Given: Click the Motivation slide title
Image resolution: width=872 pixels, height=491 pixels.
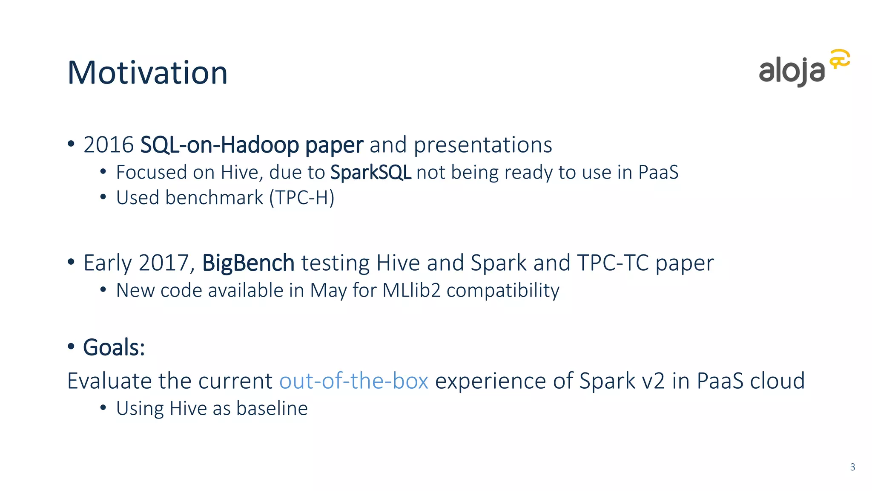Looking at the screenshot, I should [147, 72].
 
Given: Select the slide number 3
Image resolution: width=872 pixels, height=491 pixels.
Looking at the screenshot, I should [852, 467].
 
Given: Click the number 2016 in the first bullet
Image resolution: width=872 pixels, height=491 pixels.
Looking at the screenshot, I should [109, 144].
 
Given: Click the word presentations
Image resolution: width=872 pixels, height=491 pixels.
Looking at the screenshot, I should [483, 145].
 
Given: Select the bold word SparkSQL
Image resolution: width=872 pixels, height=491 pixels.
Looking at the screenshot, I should [370, 172].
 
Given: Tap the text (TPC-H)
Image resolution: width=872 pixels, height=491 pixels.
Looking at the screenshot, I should [302, 198].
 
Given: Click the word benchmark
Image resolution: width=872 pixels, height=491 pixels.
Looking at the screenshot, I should [214, 197].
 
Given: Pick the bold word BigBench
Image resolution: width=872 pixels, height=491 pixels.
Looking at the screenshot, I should [248, 263].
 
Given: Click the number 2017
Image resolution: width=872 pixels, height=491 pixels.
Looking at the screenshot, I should [164, 263].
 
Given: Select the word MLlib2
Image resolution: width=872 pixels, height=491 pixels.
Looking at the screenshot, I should [411, 290].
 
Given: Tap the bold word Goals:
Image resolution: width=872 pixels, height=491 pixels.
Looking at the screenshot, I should [114, 347].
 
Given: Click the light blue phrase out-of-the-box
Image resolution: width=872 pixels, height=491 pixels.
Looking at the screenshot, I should [353, 381].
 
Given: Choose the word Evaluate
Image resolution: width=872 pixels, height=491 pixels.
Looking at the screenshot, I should [110, 381].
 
